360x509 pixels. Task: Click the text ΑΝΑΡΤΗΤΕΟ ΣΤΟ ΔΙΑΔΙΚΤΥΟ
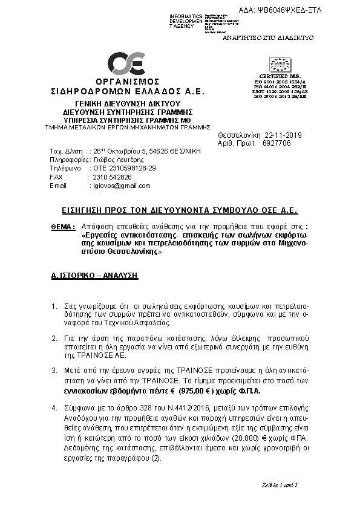pyautogui.click(x=267, y=37)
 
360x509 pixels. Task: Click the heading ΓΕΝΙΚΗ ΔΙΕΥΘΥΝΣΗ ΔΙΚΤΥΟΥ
pyautogui.click(x=127, y=105)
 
